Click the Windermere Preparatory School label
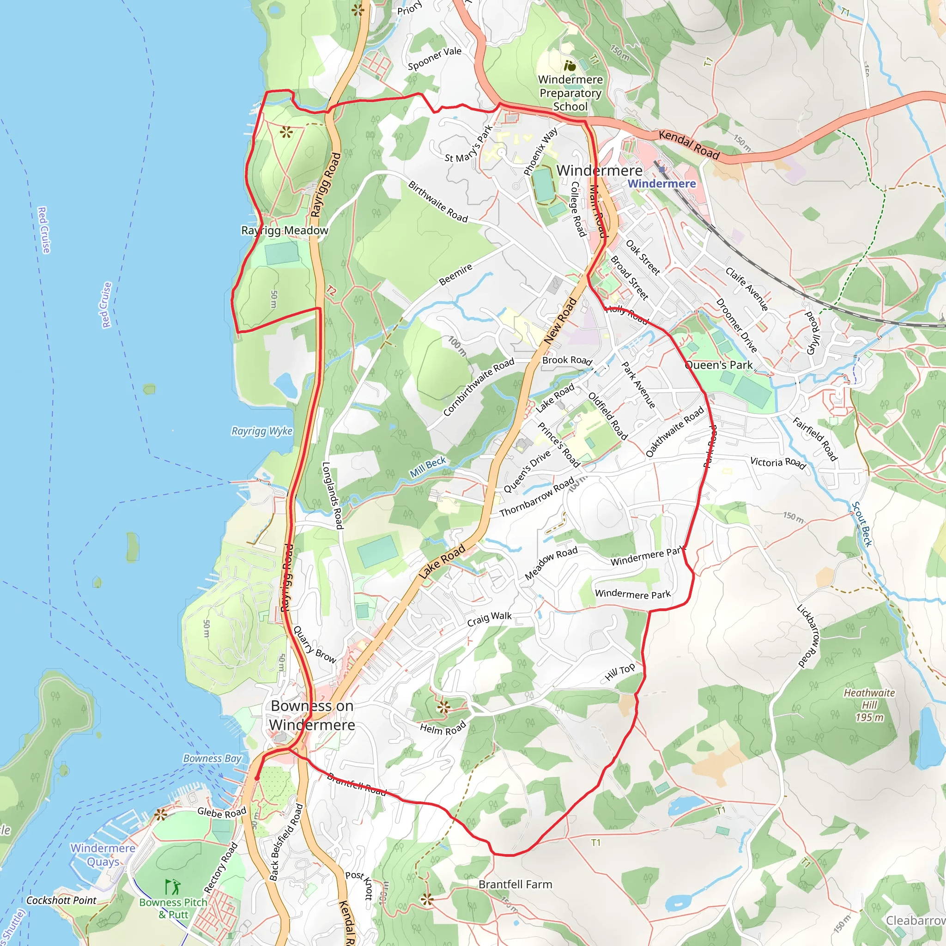click(570, 93)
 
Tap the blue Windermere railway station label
click(661, 184)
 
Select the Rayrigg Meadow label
click(285, 230)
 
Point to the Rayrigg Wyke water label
click(262, 431)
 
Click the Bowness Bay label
click(212, 758)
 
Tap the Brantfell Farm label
click(515, 884)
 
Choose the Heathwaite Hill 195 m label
click(869, 705)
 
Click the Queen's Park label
click(718, 365)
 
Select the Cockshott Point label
click(61, 900)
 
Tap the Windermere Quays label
click(103, 855)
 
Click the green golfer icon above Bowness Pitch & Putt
click(172, 886)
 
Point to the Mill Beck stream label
click(428, 467)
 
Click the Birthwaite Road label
click(438, 201)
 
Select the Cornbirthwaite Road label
click(479, 387)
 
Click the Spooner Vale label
click(434, 58)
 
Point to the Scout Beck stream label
click(861, 524)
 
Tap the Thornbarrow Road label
click(537, 497)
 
